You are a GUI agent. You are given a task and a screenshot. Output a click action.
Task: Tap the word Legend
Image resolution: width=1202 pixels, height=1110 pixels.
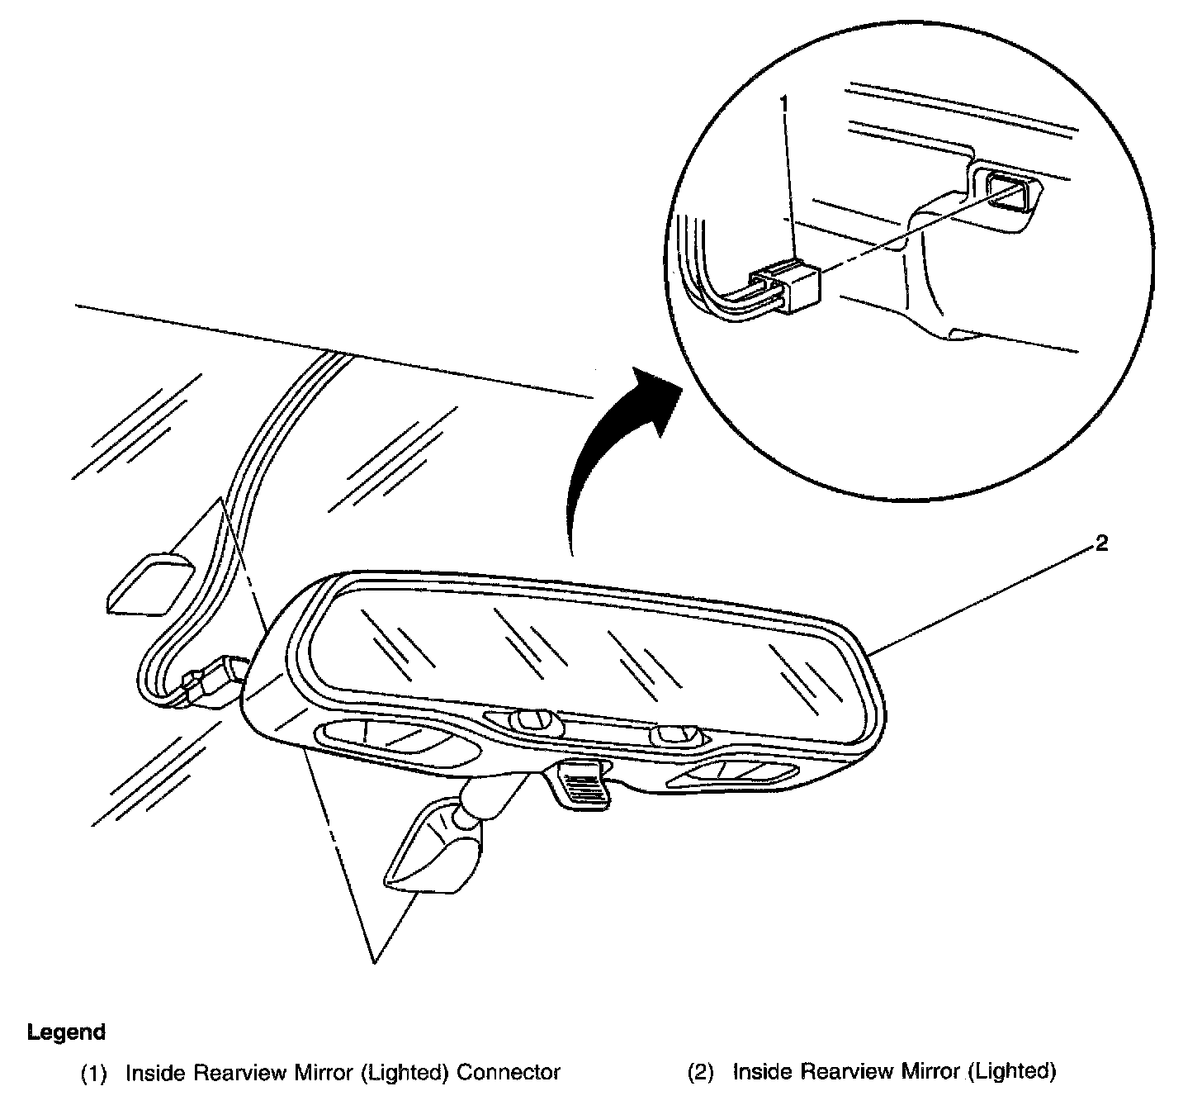pos(66,1032)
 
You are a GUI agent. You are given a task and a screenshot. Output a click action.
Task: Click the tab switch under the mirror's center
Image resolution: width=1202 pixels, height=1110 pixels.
pos(582,785)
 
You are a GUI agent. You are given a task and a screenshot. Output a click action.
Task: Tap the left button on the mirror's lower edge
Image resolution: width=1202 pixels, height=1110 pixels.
pos(533,720)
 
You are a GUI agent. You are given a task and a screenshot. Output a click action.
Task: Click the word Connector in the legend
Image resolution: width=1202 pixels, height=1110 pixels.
pos(509,1072)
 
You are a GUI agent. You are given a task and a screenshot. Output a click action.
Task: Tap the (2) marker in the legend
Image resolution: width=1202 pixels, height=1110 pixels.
pos(701,1072)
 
